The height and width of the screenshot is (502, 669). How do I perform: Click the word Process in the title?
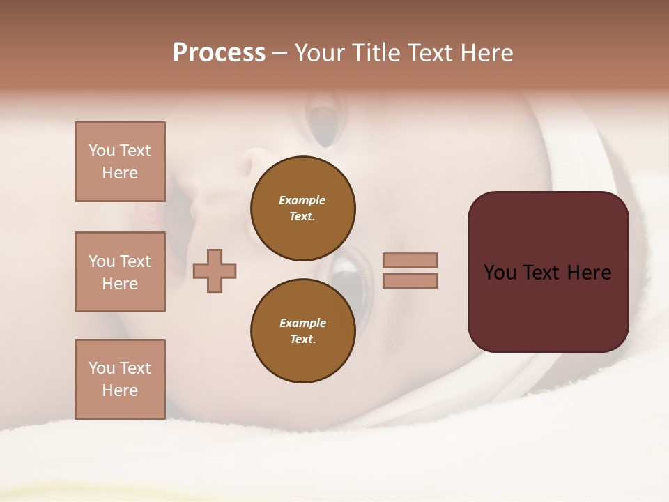tap(219, 53)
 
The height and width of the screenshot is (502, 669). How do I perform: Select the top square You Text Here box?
tap(120, 162)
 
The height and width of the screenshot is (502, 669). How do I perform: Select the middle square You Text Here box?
tap(120, 272)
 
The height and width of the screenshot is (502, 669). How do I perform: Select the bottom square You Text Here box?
tap(120, 379)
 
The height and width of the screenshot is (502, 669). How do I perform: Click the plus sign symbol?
tap(215, 271)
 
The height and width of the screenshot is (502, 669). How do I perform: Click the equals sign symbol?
tap(410, 271)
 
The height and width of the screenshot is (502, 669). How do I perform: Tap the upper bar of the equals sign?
tap(410, 261)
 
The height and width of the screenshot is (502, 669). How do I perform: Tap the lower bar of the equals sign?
tap(410, 281)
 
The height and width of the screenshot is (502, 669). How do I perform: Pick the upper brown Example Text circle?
tap(302, 208)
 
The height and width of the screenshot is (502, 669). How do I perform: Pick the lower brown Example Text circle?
tap(302, 331)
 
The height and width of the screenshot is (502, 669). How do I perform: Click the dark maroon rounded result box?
tap(548, 307)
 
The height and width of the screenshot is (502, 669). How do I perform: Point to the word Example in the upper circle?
tap(302, 200)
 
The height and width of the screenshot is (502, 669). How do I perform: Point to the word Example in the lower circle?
tap(302, 323)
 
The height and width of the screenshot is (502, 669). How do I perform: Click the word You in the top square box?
tap(100, 151)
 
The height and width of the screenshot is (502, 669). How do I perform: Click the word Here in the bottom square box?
tap(120, 390)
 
